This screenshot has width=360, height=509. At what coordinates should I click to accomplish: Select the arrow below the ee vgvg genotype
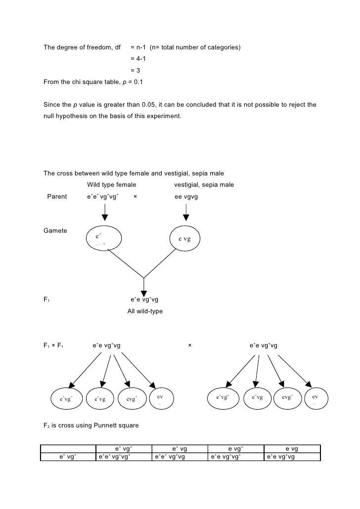186,212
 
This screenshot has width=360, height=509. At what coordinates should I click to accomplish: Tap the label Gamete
55,231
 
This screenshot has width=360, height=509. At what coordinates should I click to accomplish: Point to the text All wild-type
145,311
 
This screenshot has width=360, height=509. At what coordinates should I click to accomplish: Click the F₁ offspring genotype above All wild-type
144,299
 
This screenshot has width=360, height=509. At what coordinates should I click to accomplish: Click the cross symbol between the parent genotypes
135,197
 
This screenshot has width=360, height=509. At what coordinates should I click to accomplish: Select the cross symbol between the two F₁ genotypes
190,345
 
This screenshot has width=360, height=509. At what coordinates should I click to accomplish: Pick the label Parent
57,197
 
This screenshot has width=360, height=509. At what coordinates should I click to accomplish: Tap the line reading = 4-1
138,59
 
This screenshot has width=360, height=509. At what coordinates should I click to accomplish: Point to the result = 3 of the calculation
135,70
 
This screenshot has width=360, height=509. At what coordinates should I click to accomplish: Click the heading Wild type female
112,185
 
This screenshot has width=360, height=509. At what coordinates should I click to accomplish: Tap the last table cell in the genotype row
281,457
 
